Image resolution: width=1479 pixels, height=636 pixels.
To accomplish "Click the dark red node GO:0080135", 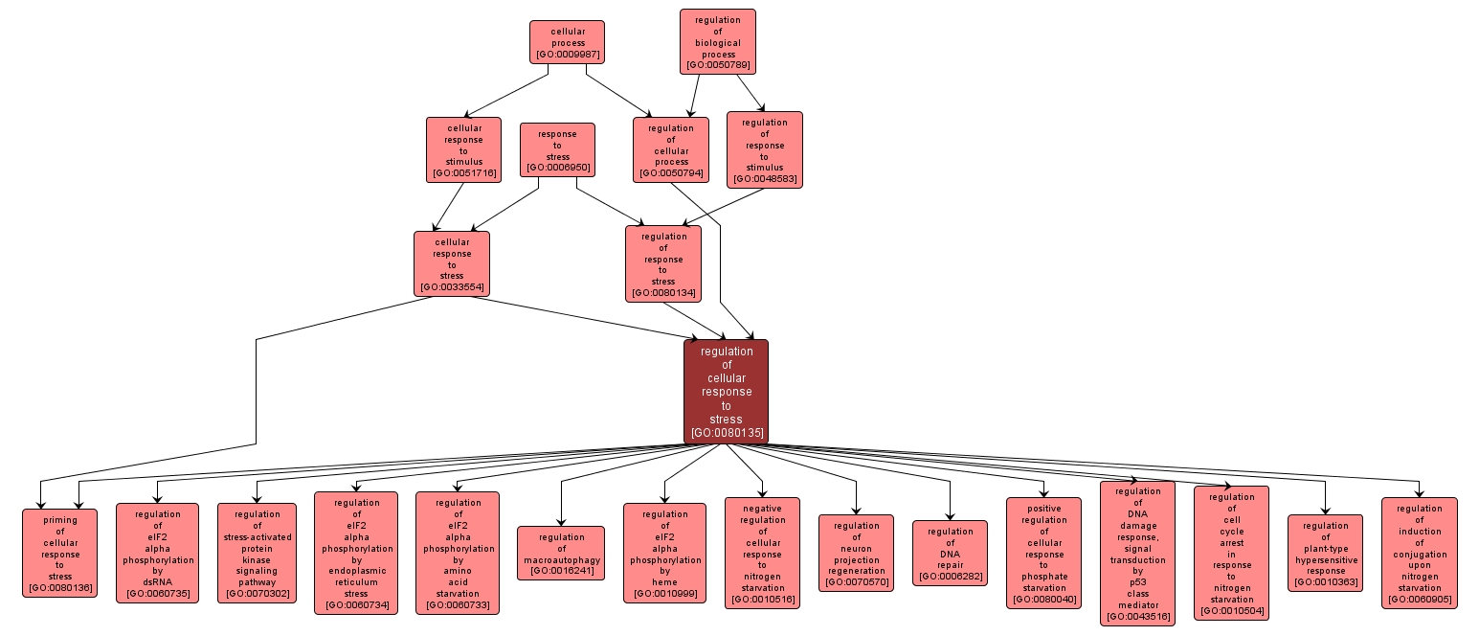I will pyautogui.click(x=726, y=392).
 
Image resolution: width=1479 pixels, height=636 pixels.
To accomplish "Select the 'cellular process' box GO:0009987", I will pyautogui.click(x=567, y=42).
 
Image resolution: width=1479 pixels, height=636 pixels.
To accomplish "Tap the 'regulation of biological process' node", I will pyautogui.click(x=718, y=41).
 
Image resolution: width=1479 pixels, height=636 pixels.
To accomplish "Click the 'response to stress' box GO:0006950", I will pyautogui.click(x=557, y=149).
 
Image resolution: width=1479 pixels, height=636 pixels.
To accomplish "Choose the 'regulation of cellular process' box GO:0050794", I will pyautogui.click(x=671, y=149).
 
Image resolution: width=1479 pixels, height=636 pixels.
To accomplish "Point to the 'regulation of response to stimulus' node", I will pyautogui.click(x=764, y=149).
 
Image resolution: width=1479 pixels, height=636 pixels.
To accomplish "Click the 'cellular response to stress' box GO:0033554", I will pyautogui.click(x=451, y=263).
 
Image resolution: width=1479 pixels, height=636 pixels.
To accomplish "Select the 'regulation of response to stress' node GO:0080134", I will pyautogui.click(x=663, y=263).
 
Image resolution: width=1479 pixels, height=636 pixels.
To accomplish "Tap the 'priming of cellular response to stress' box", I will pyautogui.click(x=59, y=553).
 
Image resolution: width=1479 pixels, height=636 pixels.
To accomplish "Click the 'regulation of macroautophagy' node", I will pyautogui.click(x=561, y=554).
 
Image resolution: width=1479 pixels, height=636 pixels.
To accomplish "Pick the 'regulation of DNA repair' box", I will pyautogui.click(x=950, y=554).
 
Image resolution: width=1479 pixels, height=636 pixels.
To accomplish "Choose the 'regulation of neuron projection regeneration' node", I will pyautogui.click(x=856, y=553).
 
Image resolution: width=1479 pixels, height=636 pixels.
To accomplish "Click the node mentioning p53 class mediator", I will pyautogui.click(x=1137, y=553).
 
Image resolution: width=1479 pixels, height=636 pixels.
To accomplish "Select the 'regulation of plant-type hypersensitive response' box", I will pyautogui.click(x=1325, y=553).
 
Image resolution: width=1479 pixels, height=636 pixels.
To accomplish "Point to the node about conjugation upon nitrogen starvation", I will pyautogui.click(x=1419, y=553).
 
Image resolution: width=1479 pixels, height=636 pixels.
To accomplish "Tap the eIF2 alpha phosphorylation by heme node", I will pyautogui.click(x=664, y=553).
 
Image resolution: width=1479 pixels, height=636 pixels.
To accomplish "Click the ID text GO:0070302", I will pyautogui.click(x=258, y=595).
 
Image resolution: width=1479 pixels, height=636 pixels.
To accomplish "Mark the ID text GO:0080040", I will pyautogui.click(x=1043, y=601).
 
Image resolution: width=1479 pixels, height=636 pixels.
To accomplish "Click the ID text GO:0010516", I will pyautogui.click(x=762, y=601).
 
